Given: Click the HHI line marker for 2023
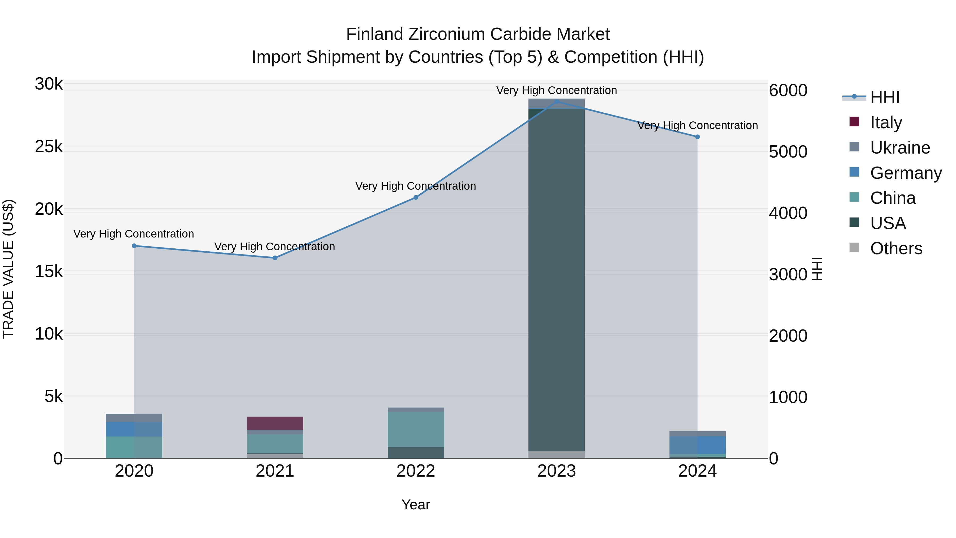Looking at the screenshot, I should tap(556, 102).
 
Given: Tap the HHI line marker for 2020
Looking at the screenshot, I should tap(134, 246).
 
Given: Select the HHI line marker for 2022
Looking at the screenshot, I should tap(416, 197).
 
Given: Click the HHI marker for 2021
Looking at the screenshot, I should tap(275, 258).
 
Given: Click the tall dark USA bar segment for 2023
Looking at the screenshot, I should tap(556, 278).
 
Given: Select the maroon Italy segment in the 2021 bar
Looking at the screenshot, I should tap(275, 423).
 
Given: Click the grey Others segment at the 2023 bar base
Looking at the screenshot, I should tap(556, 455).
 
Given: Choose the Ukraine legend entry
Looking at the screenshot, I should tap(900, 148).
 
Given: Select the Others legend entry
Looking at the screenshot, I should tap(896, 248).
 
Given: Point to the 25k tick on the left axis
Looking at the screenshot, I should tap(49, 147).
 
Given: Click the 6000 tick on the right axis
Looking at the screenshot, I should tap(788, 91).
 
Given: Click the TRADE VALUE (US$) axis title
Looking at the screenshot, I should tap(8, 269).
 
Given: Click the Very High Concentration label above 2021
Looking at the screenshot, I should tap(275, 247).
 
